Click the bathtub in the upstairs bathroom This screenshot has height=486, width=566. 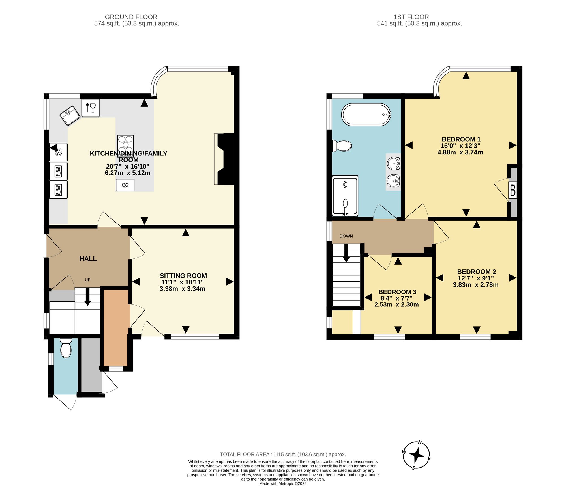click(x=366, y=115)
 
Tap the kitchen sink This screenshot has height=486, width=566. click(x=70, y=116)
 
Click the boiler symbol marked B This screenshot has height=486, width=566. click(x=513, y=191)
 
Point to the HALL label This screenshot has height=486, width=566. click(x=88, y=259)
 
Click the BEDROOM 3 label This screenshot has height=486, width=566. click(x=397, y=292)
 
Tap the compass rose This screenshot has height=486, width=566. click(x=417, y=455)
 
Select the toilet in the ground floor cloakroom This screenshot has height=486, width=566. click(x=66, y=348)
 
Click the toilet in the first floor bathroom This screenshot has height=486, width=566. click(x=342, y=146)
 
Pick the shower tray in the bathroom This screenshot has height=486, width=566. click(x=345, y=196)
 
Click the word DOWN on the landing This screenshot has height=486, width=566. click(x=346, y=236)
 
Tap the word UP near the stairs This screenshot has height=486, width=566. click(x=88, y=280)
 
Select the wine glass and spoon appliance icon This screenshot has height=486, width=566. click(x=91, y=108)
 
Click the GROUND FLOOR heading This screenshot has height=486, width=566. click(x=131, y=17)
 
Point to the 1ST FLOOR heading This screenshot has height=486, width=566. click(x=411, y=17)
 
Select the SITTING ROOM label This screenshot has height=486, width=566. click(x=183, y=276)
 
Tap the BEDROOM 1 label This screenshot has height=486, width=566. click(x=461, y=139)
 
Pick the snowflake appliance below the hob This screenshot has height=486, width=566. click(x=125, y=185)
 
